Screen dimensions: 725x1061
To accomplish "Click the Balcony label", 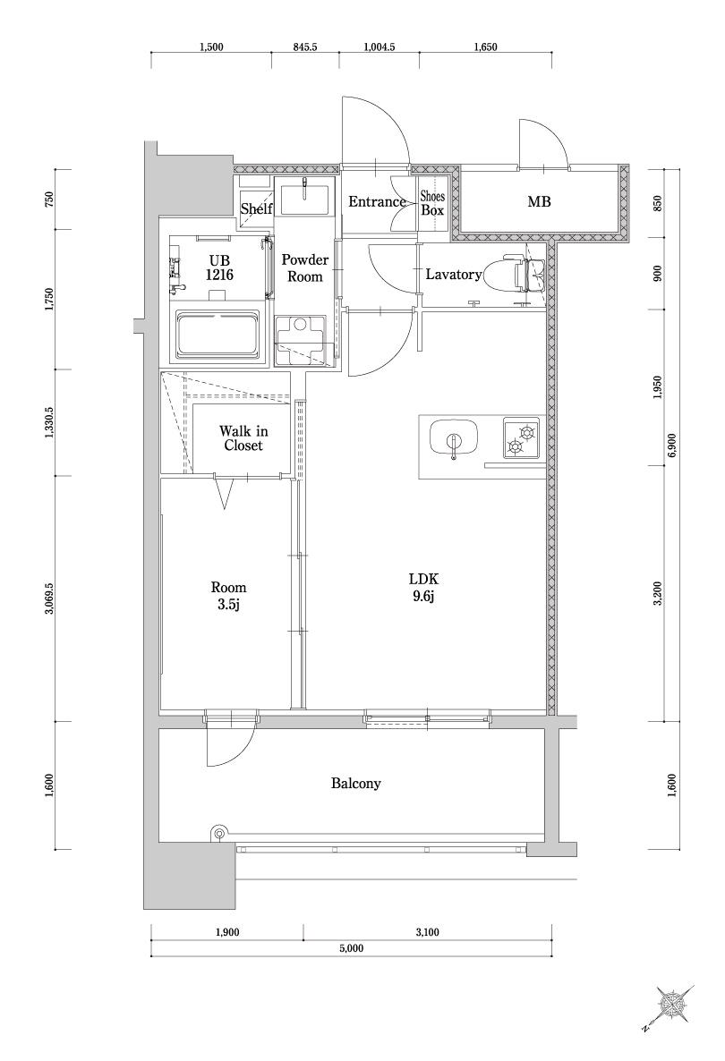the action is [x=355, y=784].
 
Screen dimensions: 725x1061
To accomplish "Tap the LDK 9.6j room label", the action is [x=423, y=588].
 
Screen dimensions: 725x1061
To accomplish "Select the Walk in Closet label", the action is [x=243, y=437].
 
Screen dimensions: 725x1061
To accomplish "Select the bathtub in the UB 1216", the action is [x=217, y=335].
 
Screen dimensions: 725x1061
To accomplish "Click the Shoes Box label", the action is [x=432, y=202].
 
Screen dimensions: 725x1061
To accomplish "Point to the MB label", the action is [x=539, y=201].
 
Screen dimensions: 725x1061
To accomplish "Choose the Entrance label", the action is [x=377, y=201].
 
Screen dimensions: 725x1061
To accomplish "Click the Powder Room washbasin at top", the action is [x=304, y=199].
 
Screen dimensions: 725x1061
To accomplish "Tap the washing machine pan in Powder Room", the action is [x=304, y=341].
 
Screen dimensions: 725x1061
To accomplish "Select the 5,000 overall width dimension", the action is [x=352, y=948].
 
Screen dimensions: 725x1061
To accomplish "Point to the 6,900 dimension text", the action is [x=671, y=446].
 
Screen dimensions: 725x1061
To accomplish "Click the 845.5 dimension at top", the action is [x=305, y=47].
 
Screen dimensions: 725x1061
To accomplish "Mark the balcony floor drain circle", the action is [x=218, y=834].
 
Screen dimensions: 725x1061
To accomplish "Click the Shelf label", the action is [x=256, y=209].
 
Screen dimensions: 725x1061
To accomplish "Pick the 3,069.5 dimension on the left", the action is [x=49, y=598].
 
